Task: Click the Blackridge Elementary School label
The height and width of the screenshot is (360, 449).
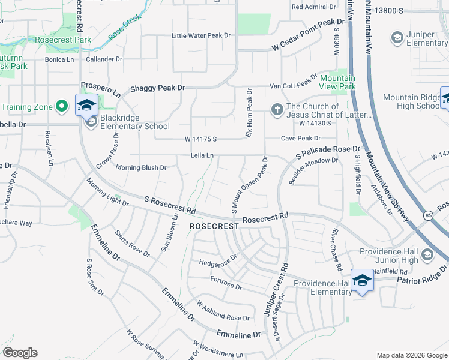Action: coord(135,122)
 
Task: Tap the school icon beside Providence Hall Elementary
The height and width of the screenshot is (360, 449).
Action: coord(362,280)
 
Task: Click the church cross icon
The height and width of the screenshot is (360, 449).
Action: coord(277,109)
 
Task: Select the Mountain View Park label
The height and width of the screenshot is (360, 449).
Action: coord(337,82)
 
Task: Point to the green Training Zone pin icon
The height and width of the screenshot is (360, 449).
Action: coord(61,107)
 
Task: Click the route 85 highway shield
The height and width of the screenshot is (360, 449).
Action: coord(427,214)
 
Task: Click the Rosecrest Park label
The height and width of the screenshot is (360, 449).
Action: coord(62,40)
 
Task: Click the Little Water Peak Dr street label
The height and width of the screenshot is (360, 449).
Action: coord(201,35)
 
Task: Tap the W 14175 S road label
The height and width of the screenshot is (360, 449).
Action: coord(200,140)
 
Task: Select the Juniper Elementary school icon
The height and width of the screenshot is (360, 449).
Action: coord(396,38)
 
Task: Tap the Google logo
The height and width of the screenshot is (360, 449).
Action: coord(20,353)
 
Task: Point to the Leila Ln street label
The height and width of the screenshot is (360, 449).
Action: coord(202,155)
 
